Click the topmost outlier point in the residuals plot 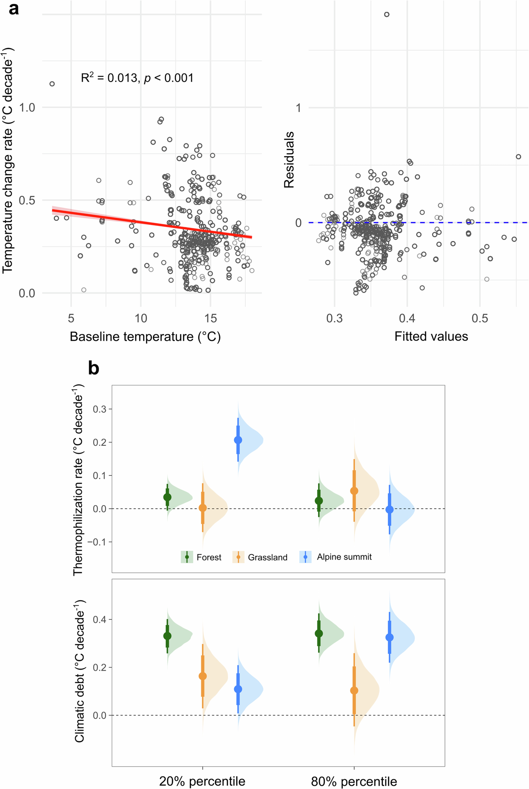tap(387, 15)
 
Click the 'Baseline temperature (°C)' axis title tap(145, 337)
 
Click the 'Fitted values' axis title tap(431, 336)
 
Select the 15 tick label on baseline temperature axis tap(211, 318)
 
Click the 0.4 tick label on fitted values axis tap(407, 318)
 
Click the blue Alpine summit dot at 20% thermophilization tap(238, 440)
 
